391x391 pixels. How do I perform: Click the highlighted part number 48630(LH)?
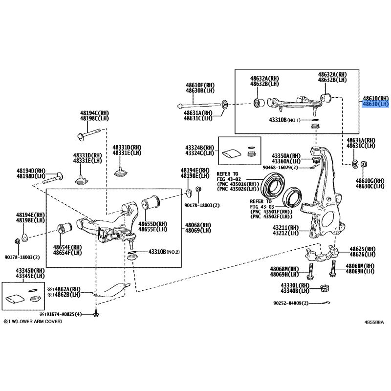click(x=375, y=104)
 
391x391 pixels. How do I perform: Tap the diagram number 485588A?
click(x=374, y=323)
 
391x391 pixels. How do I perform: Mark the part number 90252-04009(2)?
click(x=291, y=303)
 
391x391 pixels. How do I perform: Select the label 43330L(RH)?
click(x=296, y=285)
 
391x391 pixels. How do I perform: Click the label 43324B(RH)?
click(x=199, y=147)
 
